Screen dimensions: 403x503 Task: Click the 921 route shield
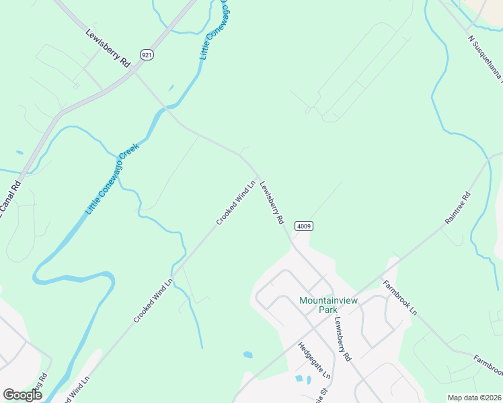coord(147,54)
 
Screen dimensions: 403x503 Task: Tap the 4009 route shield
coord(304,227)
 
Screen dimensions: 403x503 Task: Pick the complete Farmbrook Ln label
coord(400,297)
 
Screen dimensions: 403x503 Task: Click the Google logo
coord(22,395)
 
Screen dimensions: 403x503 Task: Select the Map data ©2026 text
coord(473,398)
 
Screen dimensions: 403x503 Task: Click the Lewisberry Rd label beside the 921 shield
coord(108,47)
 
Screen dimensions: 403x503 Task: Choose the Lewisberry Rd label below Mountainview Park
coord(342,340)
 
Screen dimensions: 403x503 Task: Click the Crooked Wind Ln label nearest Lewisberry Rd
coord(236,201)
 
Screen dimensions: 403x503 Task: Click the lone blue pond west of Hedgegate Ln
coord(247,354)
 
